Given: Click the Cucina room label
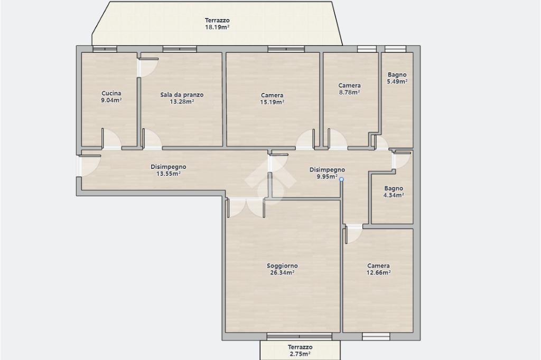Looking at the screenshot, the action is click(111, 93).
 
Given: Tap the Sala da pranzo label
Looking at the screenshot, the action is click(182, 94).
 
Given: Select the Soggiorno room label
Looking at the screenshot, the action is click(282, 266).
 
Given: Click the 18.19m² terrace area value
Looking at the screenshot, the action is click(217, 27).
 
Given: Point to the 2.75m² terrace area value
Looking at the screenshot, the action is click(300, 354).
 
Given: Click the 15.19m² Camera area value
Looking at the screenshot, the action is click(272, 102).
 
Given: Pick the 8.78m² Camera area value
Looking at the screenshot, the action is click(350, 92).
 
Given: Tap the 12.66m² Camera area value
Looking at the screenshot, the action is click(378, 272).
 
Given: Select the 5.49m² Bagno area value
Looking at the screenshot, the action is click(397, 81).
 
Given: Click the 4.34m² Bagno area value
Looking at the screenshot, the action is click(394, 195).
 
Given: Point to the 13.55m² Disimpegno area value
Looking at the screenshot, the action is click(169, 174).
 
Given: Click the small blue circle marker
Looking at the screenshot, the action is click(341, 179).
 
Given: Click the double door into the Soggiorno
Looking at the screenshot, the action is click(246, 207).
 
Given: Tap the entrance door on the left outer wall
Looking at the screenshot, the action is click(88, 166).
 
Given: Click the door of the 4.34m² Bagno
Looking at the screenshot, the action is click(402, 160).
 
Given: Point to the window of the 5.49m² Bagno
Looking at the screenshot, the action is click(395, 49).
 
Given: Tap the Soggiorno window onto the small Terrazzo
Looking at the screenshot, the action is click(300, 336).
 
